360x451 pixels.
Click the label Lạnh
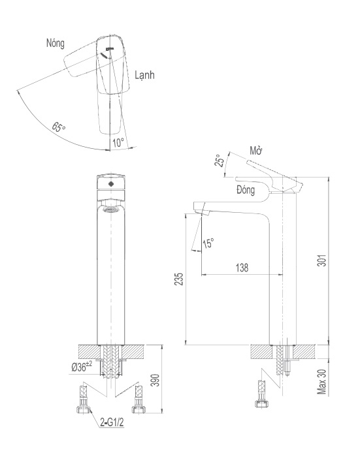coord(145,76)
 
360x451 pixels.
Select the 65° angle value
coord(59,127)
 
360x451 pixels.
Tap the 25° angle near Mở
coord(221,161)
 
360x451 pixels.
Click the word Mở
coord(256,151)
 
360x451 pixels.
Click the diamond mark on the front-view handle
coord(110,185)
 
